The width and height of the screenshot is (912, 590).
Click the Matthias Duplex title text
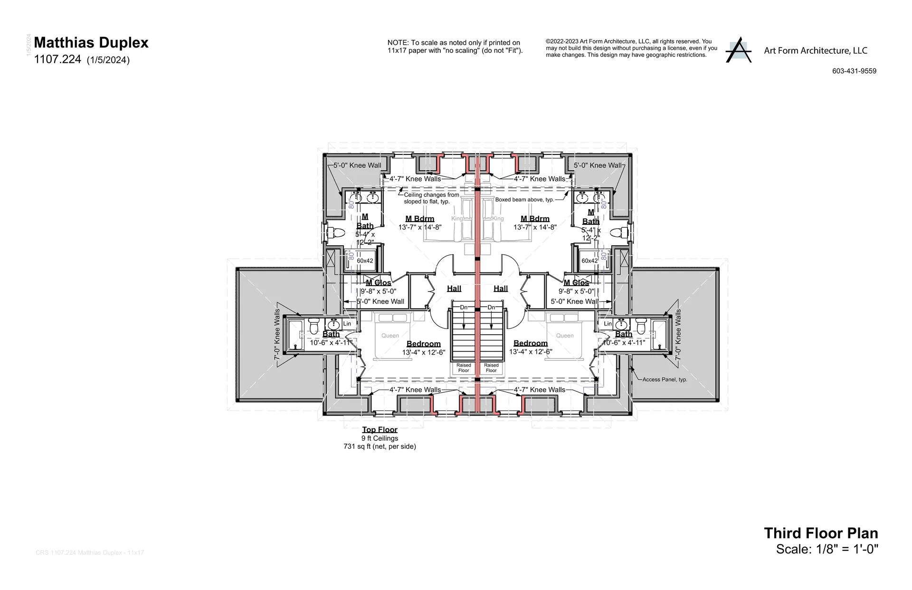91,43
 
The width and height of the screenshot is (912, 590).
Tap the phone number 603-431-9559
854,71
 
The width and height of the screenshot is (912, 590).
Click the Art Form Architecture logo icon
738,49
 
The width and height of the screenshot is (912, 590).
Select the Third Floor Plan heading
821,533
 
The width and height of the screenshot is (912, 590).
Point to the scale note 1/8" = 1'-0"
827,550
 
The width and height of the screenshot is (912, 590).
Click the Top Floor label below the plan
380,430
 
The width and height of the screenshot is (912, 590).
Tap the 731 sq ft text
380,447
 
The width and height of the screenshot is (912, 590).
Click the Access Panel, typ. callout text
665,379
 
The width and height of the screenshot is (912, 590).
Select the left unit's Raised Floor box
463,368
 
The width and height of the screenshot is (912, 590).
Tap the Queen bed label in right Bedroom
565,336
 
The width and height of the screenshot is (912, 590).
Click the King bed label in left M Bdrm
457,219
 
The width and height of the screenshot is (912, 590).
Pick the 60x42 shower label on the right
589,261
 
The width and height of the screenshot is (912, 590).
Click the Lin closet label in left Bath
347,324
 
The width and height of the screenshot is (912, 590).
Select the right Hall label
501,289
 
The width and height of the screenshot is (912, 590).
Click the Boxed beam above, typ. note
524,200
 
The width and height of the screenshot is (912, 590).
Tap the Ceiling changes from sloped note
431,198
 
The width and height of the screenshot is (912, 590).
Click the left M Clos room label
378,283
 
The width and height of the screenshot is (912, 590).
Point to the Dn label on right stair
492,308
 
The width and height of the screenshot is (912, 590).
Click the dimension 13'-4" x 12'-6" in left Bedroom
423,352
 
